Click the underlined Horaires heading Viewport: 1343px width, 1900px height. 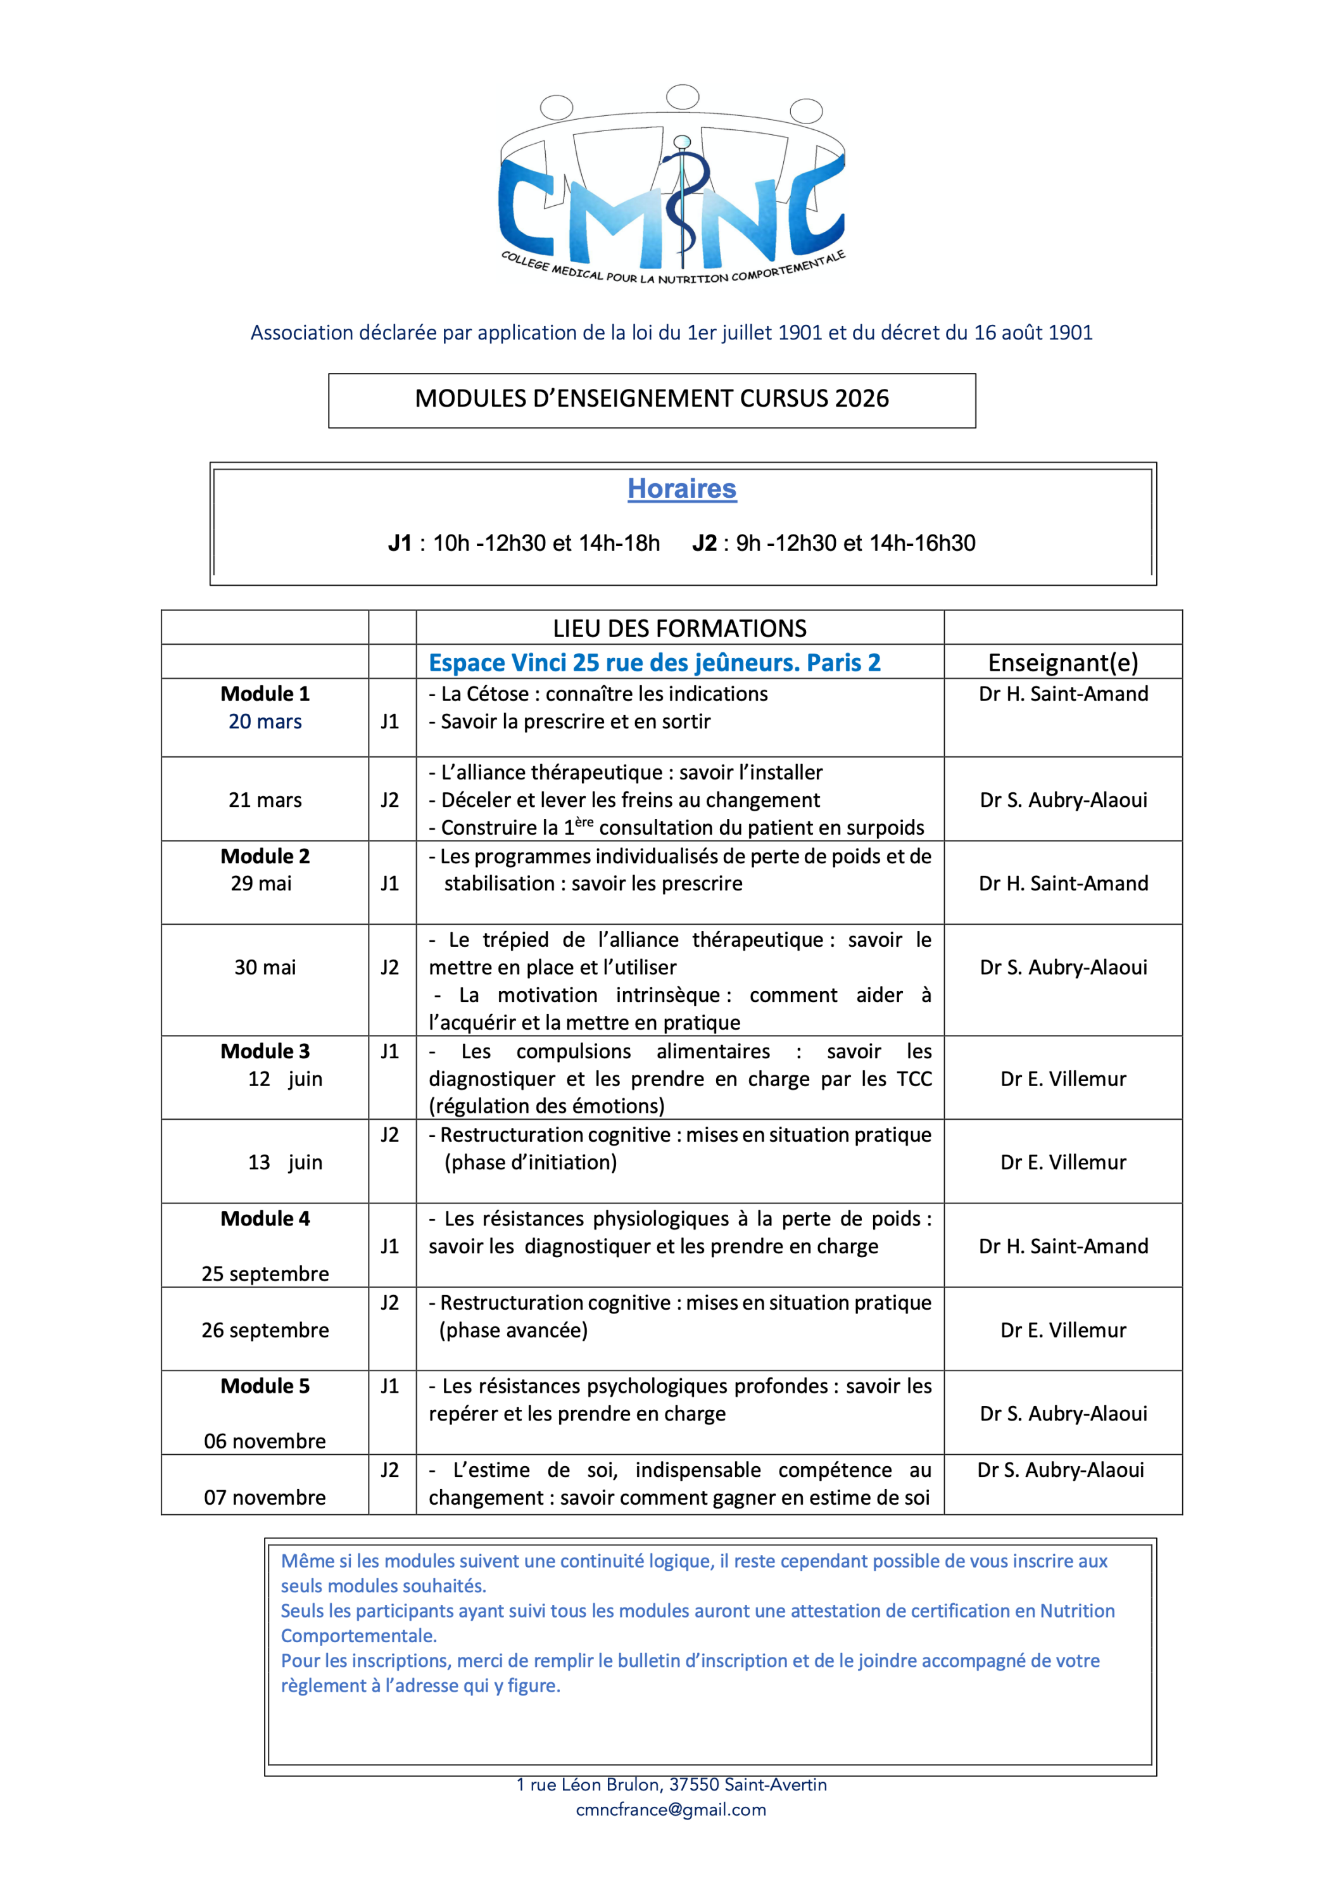coord(681,488)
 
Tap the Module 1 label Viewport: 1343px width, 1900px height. coord(265,693)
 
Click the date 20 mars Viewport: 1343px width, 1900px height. coord(265,721)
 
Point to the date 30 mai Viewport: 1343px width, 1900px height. coord(265,967)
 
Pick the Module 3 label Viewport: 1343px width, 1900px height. coord(265,1051)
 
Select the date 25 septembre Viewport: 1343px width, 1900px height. coord(265,1274)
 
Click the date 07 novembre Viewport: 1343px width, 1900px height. coord(265,1497)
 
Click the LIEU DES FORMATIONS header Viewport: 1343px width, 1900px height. coord(679,628)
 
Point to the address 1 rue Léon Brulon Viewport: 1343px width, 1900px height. coord(671,1784)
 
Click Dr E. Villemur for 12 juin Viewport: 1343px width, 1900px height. coord(1062,1079)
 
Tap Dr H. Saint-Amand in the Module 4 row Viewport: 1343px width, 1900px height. coord(1062,1246)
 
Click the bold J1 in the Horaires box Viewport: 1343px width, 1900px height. coord(400,543)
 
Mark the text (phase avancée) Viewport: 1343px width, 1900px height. coord(513,1330)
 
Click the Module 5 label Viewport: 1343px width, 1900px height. coord(265,1386)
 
